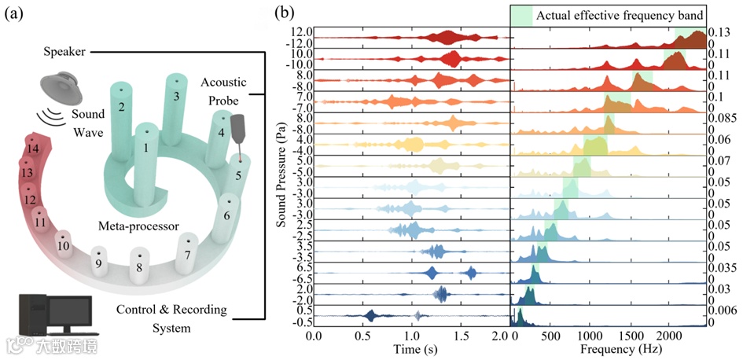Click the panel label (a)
[16, 13]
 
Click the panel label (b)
[285, 13]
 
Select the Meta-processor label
[136, 226]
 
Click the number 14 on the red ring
[32, 148]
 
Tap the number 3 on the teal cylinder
[177, 95]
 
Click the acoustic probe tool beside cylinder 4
[237, 134]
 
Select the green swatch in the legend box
[522, 15]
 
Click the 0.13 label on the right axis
[719, 32]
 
